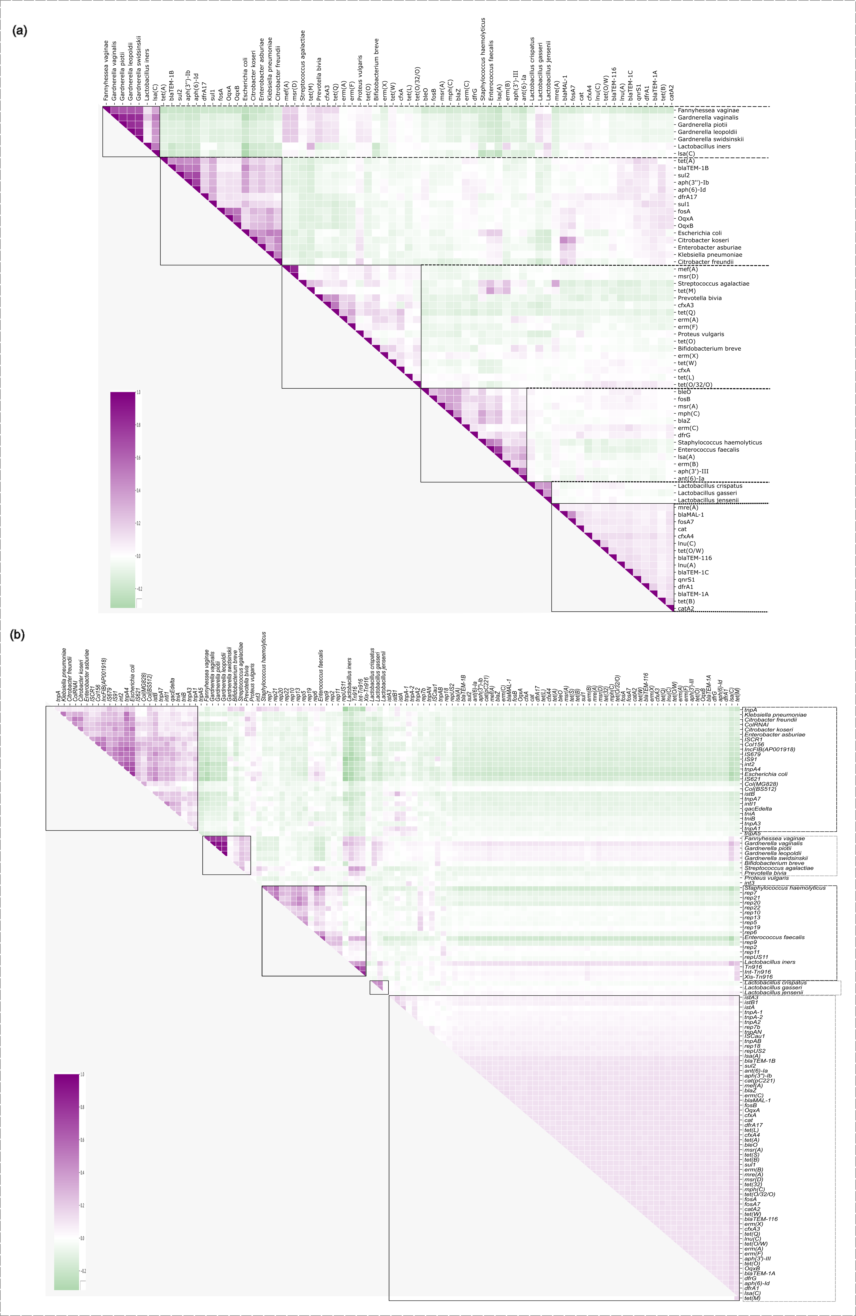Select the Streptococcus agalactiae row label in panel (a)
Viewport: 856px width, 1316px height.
pos(713,284)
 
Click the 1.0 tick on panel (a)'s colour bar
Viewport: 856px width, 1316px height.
pos(138,393)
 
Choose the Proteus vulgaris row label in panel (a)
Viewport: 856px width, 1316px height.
pos(701,334)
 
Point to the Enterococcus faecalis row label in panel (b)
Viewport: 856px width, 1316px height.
pos(774,937)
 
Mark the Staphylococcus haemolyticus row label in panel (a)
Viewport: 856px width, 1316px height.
pos(719,442)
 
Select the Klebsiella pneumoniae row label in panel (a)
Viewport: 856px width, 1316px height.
pos(710,255)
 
